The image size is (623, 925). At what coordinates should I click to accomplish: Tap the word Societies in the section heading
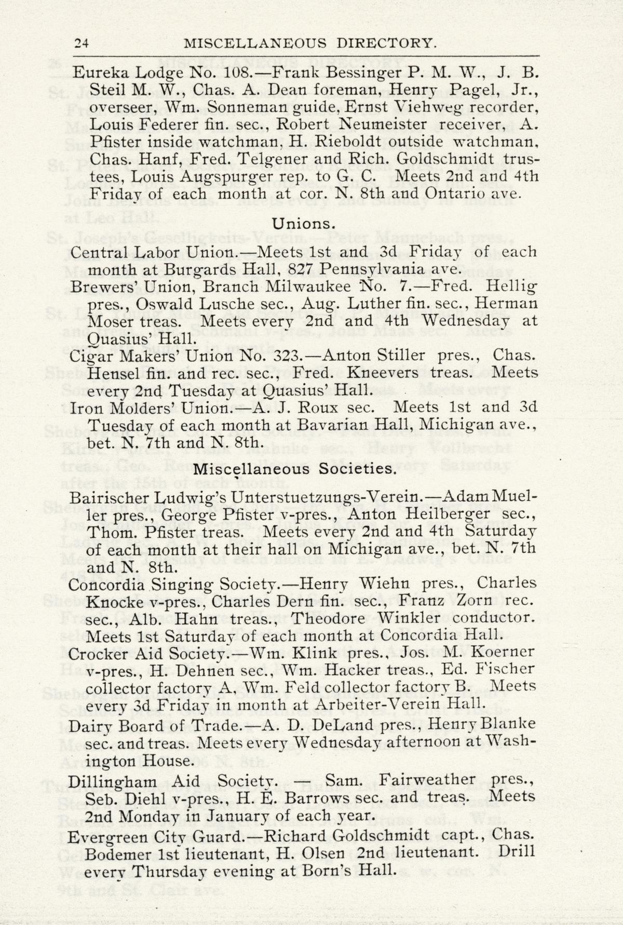(x=358, y=469)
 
